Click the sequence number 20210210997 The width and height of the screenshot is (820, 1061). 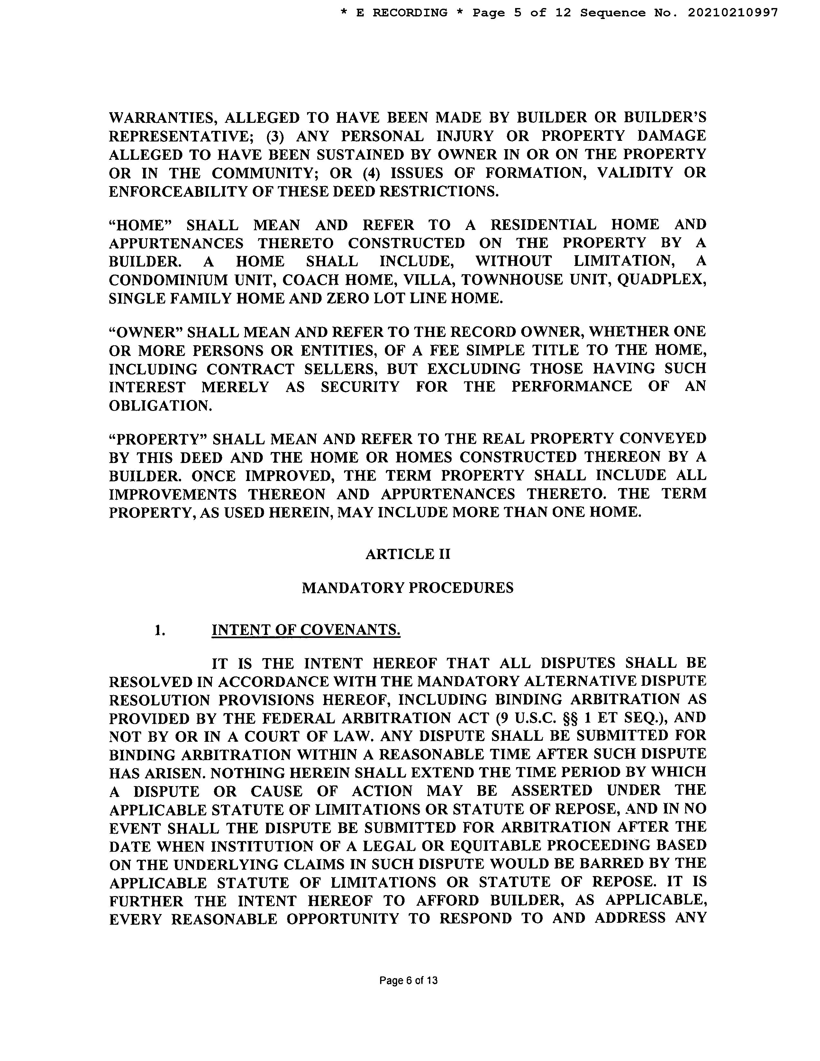coord(733,13)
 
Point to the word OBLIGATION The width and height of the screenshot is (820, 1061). coord(160,406)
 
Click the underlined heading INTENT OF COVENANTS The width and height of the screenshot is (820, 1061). coord(306,630)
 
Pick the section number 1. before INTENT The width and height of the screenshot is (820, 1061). coord(160,630)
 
